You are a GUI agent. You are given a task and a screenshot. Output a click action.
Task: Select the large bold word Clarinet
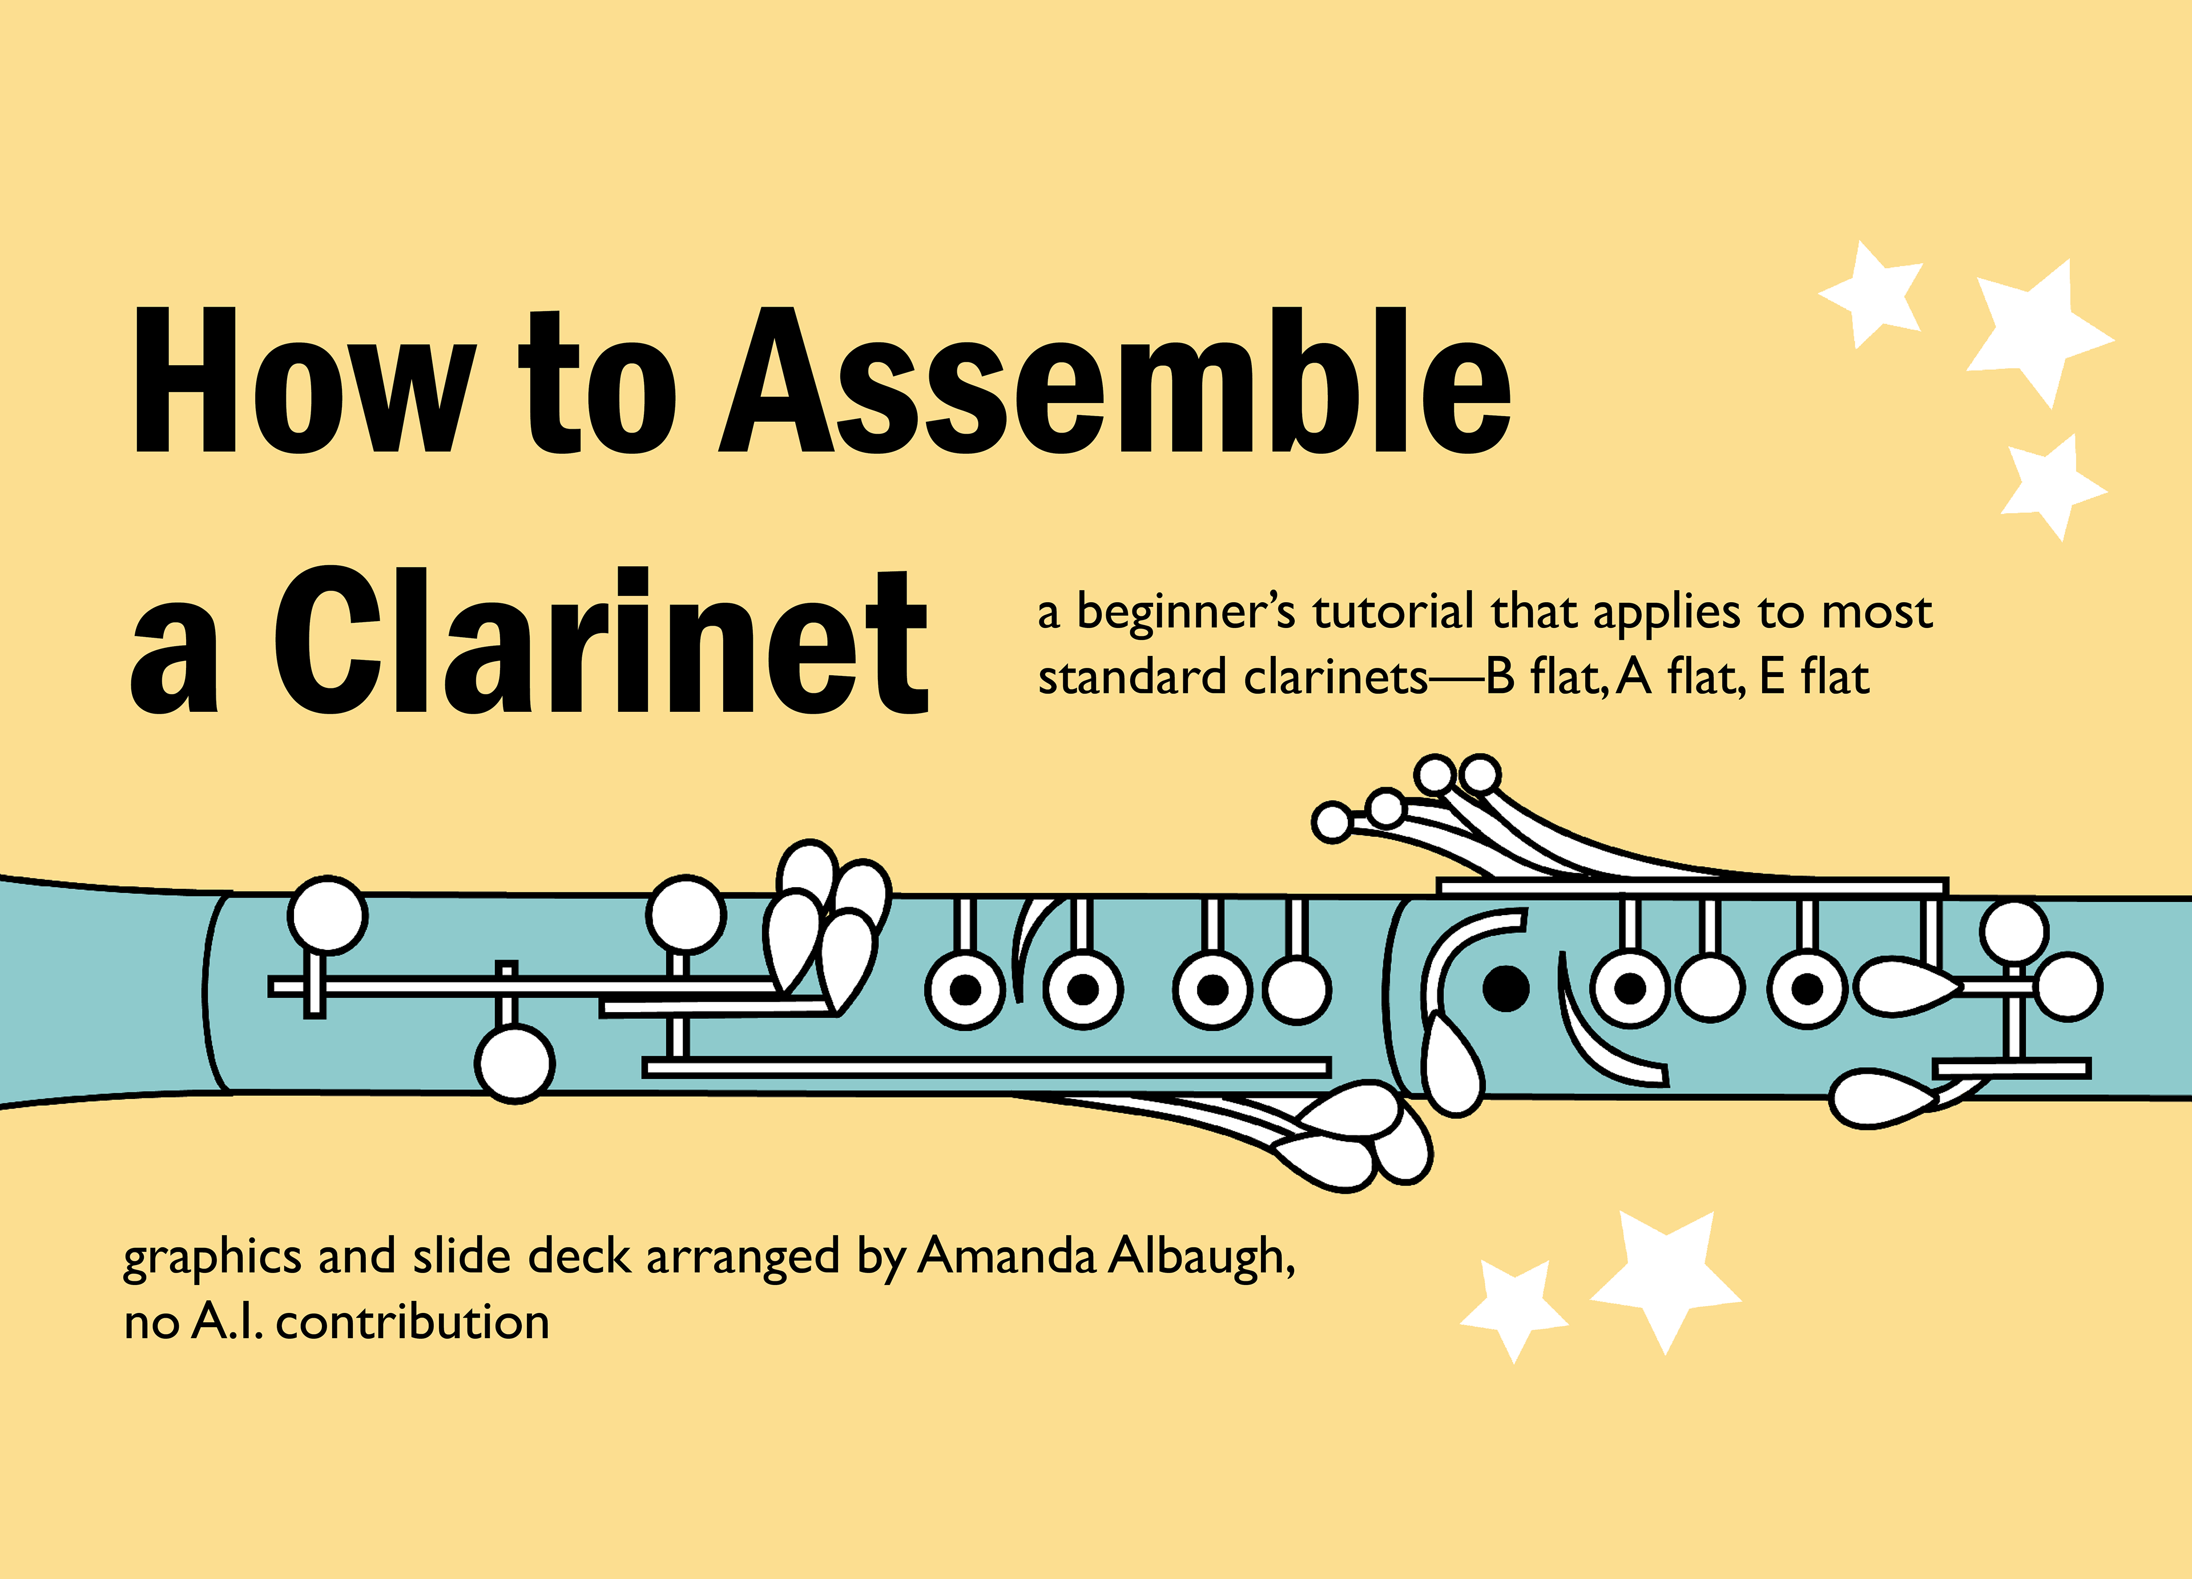(x=599, y=643)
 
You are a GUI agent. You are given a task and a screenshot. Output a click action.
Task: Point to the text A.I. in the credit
(x=227, y=1322)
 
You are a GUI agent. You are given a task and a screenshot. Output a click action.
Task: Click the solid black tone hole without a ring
(x=1505, y=988)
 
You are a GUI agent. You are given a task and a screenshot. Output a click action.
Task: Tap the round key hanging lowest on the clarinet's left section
(x=515, y=1063)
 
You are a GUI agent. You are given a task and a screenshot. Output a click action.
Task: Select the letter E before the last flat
(x=1771, y=676)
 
